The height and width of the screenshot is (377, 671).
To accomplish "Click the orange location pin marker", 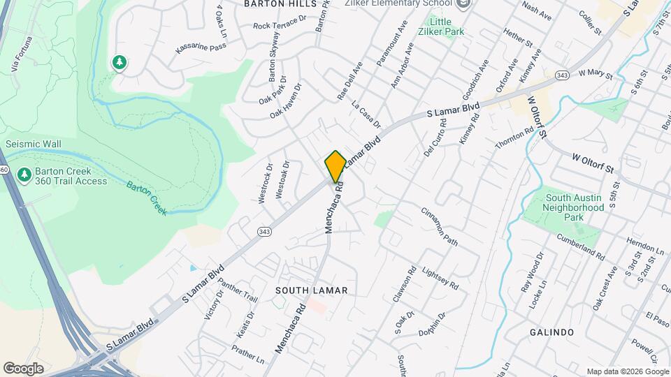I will point(335,166).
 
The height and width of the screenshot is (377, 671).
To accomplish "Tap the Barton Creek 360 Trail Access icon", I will point(24,173).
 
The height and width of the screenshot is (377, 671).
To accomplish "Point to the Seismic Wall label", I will point(34,145).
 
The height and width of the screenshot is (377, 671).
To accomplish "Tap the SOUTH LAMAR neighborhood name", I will point(311,290).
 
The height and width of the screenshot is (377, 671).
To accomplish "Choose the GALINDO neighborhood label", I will point(551,332).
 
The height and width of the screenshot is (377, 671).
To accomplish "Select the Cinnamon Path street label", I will point(440,226).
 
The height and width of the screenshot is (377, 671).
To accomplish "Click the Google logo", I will point(23,368).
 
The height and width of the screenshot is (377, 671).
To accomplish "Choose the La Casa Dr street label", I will point(367,115).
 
